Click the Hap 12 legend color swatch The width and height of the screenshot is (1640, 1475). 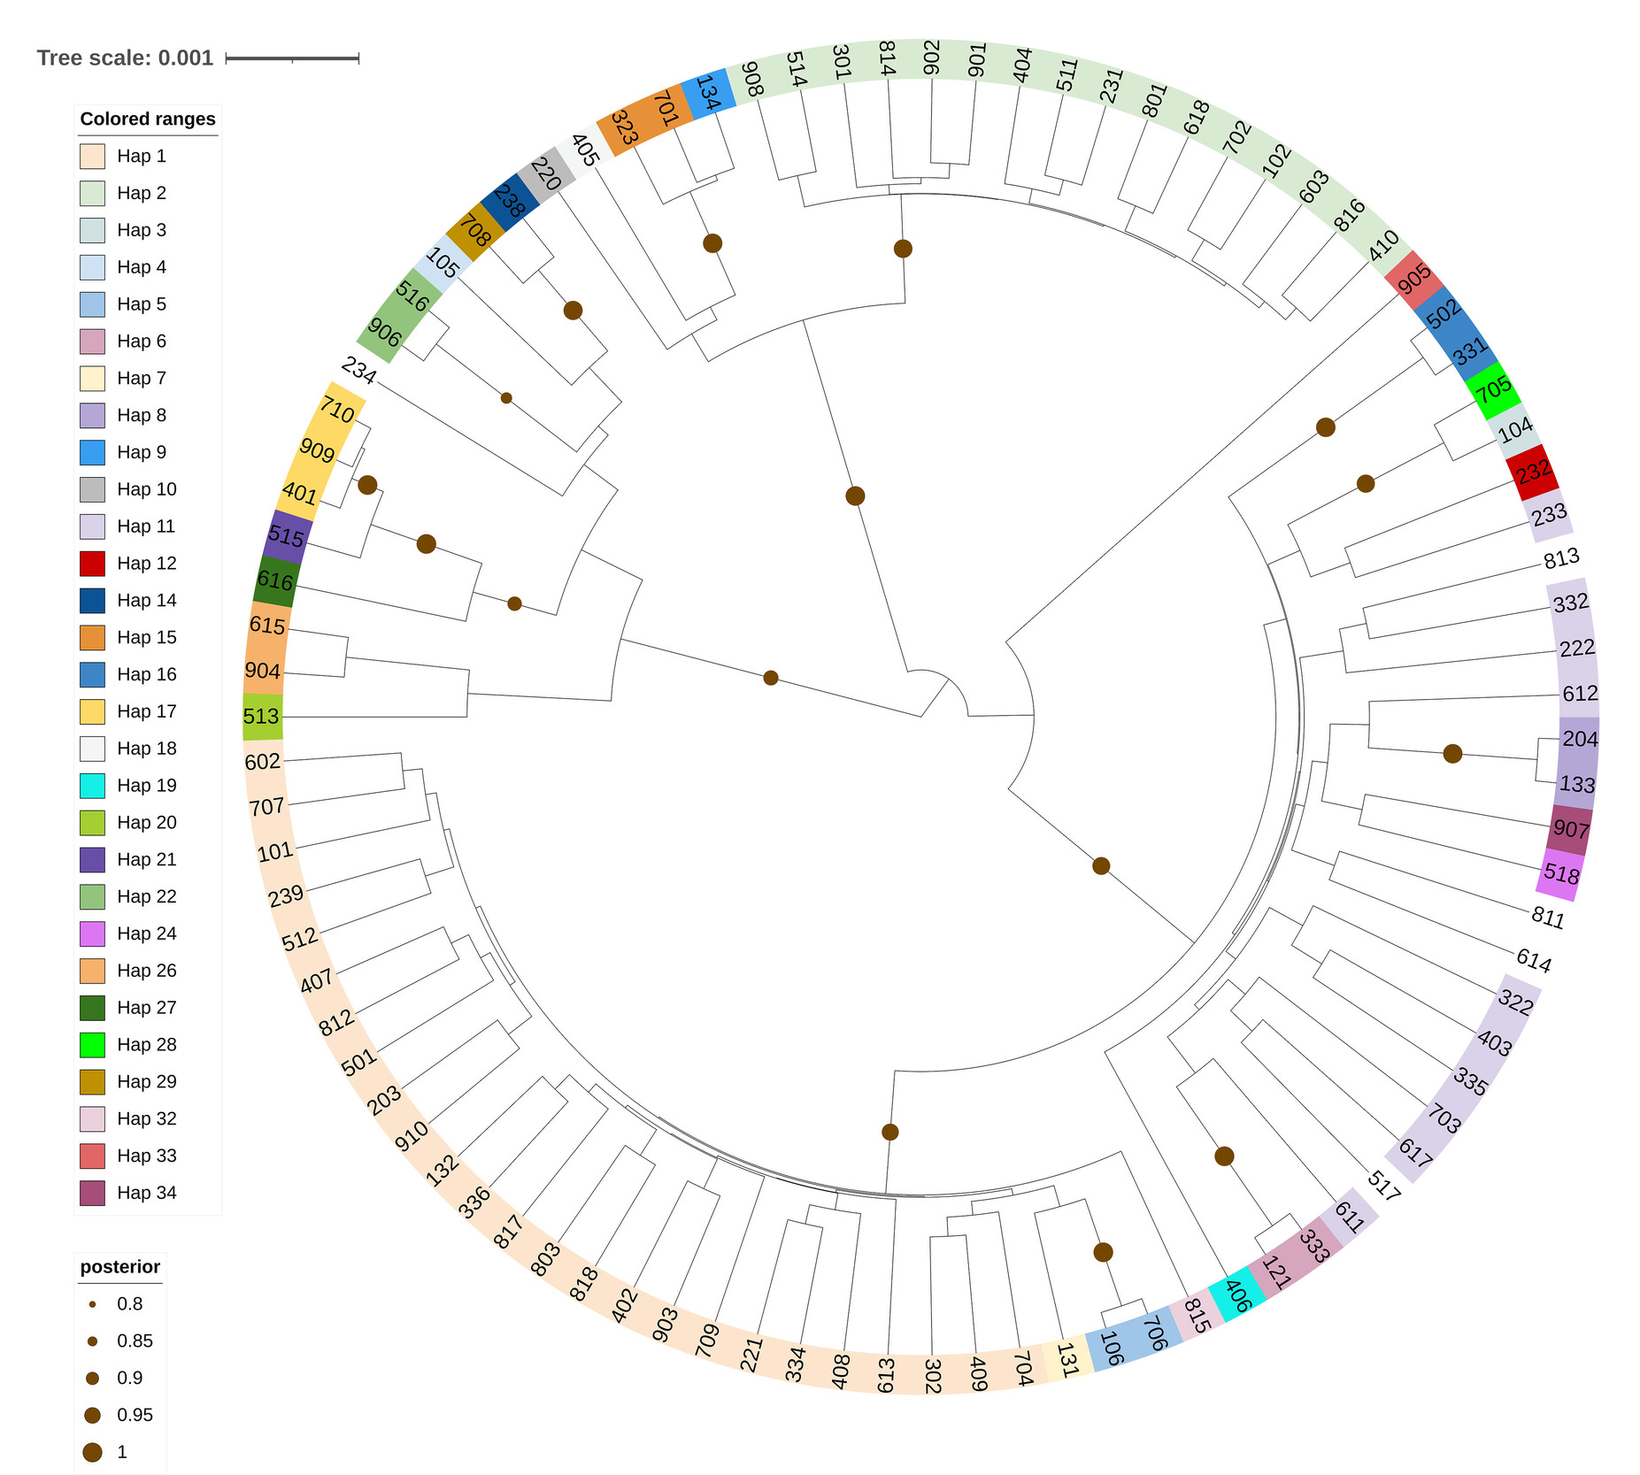[92, 564]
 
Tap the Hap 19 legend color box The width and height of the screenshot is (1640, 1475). [92, 786]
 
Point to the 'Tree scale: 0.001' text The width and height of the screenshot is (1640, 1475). [125, 58]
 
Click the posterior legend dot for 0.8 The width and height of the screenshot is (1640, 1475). [92, 1304]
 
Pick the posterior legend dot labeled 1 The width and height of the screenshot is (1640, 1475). [92, 1452]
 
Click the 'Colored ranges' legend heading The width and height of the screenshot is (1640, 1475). [148, 119]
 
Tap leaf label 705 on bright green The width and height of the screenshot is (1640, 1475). [1493, 389]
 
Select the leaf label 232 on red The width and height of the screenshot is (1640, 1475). [1533, 472]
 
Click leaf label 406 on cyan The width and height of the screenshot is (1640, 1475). [1236, 1296]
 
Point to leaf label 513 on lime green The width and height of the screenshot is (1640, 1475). [261, 716]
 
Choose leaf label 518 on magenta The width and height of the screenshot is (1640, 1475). [1561, 874]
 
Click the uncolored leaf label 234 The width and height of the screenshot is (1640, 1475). [358, 370]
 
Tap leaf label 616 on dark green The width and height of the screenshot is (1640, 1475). [274, 580]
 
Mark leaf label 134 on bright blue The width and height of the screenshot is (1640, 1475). [707, 92]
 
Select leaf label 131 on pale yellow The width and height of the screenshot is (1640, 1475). [1066, 1360]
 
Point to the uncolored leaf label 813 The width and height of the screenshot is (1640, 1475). [1561, 558]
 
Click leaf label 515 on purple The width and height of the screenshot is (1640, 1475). [285, 536]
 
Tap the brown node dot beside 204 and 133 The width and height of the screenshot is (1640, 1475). [1452, 754]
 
